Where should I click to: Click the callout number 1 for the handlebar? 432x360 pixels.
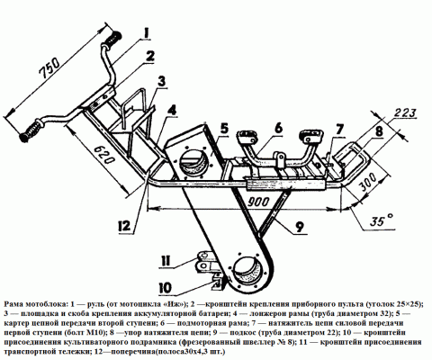pyautogui.click(x=146, y=33)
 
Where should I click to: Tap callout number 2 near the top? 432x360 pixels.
pyautogui.click(x=149, y=56)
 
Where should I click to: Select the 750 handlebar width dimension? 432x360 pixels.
pyautogui.click(x=50, y=68)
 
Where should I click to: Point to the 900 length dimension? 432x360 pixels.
pyautogui.click(x=258, y=202)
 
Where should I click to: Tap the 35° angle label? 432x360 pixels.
pyautogui.click(x=382, y=221)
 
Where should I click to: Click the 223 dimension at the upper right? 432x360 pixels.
pyautogui.click(x=405, y=113)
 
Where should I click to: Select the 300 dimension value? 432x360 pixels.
pyautogui.click(x=368, y=182)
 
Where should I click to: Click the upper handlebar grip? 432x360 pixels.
pyautogui.click(x=114, y=40)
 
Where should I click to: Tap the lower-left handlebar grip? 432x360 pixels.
pyautogui.click(x=30, y=131)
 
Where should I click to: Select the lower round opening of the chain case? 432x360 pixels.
pyautogui.click(x=248, y=271)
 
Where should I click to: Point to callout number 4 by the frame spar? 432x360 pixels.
pyautogui.click(x=172, y=110)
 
